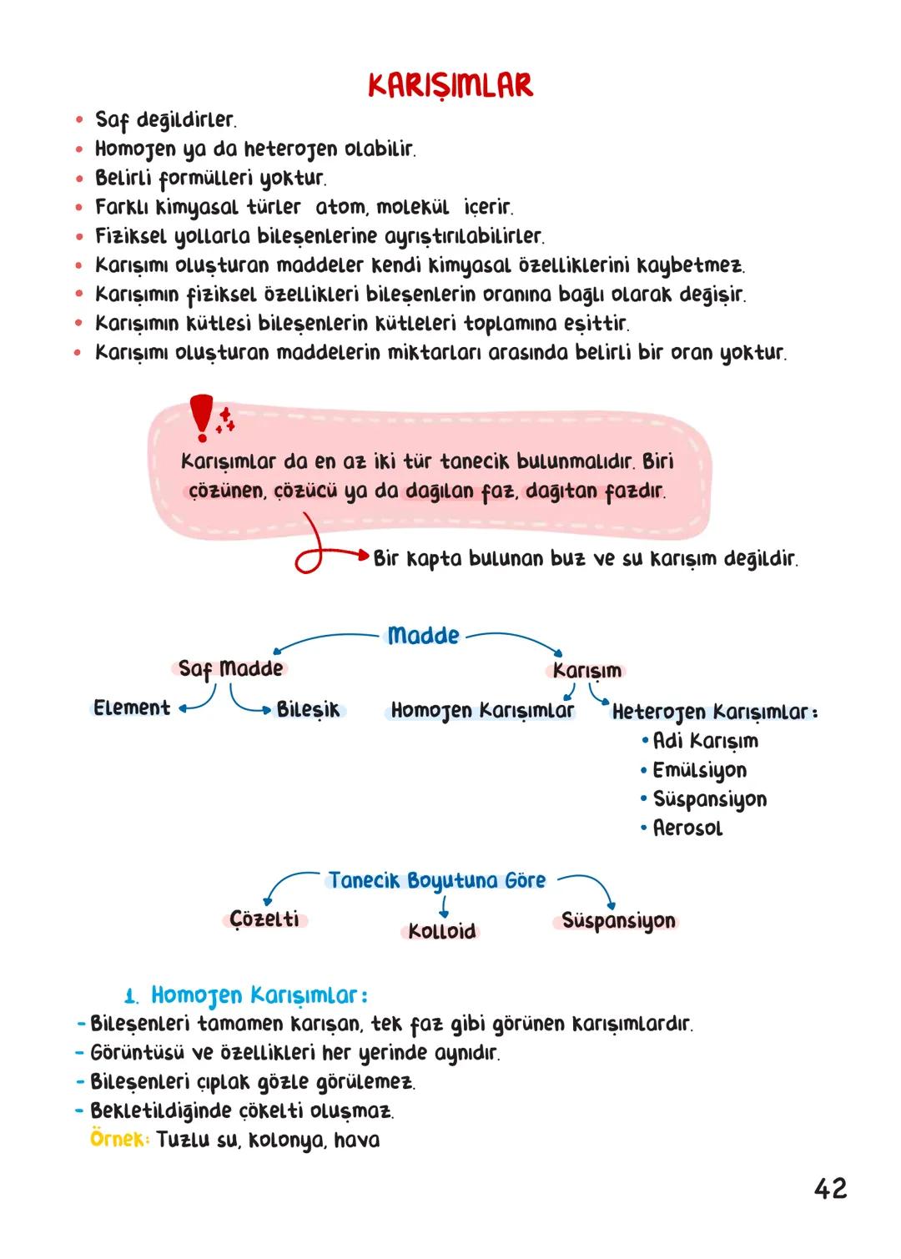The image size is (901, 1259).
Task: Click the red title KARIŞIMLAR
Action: click(x=450, y=86)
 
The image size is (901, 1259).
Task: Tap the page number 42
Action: click(x=830, y=1188)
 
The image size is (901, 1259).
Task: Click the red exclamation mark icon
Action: click(x=201, y=416)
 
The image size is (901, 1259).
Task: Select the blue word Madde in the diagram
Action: click(x=423, y=636)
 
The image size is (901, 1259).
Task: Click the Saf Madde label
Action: click(x=230, y=669)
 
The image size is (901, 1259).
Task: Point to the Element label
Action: click(x=132, y=708)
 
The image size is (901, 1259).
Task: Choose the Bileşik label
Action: click(x=309, y=710)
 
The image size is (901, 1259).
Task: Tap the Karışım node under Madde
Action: click(x=587, y=671)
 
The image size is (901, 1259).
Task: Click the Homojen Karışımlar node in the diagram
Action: click(x=482, y=711)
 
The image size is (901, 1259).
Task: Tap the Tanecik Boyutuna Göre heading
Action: click(x=437, y=881)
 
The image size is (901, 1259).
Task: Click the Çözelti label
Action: click(x=264, y=919)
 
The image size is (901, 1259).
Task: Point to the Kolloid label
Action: click(x=442, y=932)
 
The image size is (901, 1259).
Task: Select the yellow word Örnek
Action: click(x=118, y=1140)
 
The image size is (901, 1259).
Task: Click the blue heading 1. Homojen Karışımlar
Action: click(x=247, y=995)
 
